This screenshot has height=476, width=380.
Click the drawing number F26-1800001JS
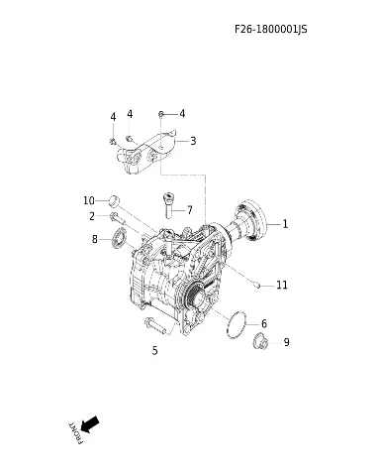tap(271, 29)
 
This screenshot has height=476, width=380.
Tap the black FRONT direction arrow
tap(90, 424)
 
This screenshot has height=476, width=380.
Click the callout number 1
tap(285, 224)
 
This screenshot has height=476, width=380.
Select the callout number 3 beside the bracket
tap(193, 141)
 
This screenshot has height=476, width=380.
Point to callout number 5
tap(155, 350)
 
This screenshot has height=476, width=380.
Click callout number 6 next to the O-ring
tap(264, 323)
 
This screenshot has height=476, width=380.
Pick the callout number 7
tap(190, 210)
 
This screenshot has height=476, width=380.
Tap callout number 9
tap(286, 342)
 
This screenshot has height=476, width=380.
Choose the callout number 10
tap(89, 200)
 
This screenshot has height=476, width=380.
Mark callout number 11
tap(282, 285)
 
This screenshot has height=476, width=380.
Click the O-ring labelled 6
tap(237, 324)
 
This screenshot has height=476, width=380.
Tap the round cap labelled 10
tap(114, 200)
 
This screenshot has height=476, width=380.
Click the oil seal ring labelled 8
tap(119, 238)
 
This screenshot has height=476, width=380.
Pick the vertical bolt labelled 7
tap(168, 205)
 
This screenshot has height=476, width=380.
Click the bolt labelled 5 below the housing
tap(155, 325)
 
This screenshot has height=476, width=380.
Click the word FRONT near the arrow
tap(75, 433)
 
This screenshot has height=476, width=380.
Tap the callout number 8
tap(95, 239)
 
